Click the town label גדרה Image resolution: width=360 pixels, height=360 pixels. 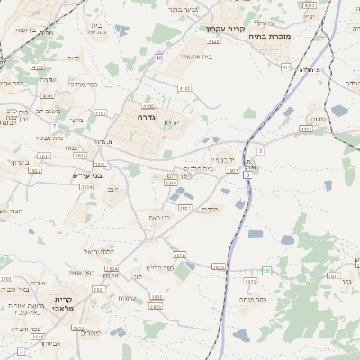tap(148, 117)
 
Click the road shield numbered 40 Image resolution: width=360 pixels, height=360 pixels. tap(158, 58)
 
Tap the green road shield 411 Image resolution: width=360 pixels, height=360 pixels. tap(285, 67)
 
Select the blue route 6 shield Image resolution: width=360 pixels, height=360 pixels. tap(247, 175)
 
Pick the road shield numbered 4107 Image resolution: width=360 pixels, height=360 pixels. tap(100, 113)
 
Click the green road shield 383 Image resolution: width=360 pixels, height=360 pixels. tap(266, 270)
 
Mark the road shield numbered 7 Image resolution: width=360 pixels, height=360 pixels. tap(54, 126)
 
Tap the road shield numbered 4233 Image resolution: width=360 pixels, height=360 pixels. tap(309, 5)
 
